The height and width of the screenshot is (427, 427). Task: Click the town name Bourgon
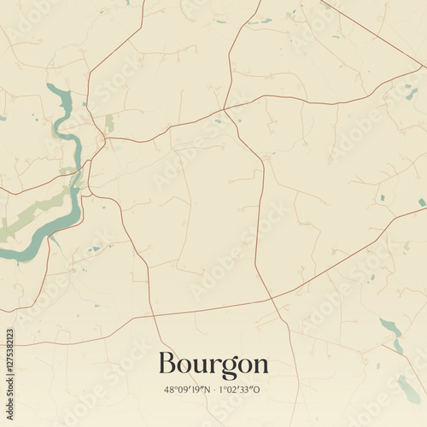pos(213,365)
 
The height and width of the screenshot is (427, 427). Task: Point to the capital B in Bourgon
pos(169,364)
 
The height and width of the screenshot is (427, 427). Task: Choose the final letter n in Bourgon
pos(260,366)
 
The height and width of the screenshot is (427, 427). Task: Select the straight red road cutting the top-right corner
pos(376,34)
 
